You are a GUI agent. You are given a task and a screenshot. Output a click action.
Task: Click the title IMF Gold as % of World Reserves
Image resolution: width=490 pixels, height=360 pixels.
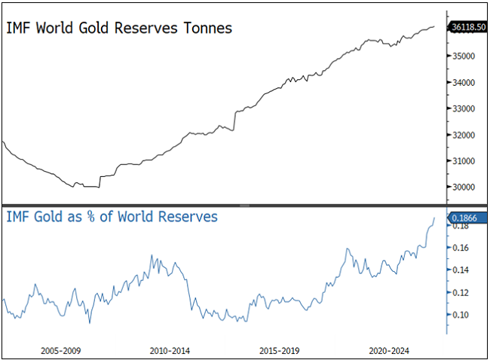pyautogui.click(x=112, y=217)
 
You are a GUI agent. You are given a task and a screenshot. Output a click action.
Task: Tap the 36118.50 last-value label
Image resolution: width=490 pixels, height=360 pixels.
pyautogui.click(x=467, y=27)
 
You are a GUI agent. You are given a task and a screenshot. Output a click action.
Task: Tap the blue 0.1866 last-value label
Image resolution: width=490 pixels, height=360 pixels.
pyautogui.click(x=464, y=218)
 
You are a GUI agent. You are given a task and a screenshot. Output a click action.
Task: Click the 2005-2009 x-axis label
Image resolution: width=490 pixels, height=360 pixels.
pyautogui.click(x=61, y=350)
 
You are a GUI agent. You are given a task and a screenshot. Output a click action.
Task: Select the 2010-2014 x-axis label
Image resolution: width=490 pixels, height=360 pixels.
pyautogui.click(x=170, y=350)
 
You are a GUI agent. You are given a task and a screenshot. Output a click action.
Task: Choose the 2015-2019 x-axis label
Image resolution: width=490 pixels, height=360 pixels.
pyautogui.click(x=280, y=350)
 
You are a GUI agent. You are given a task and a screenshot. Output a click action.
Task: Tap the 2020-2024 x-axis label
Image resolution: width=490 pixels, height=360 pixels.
pyautogui.click(x=389, y=350)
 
